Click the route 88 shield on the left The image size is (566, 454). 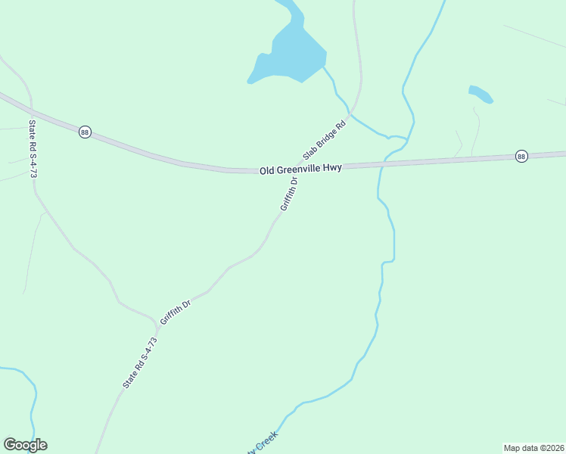[x=85, y=132]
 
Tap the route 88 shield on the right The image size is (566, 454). [x=521, y=156]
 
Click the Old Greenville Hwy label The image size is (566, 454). [x=300, y=170]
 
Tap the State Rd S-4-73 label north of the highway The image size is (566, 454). [x=33, y=149]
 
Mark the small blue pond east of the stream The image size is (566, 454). [x=480, y=94]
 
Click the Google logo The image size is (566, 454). [x=25, y=445]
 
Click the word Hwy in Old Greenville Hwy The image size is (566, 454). [x=331, y=169]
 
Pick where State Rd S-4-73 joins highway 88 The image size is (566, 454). [x=30, y=111]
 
